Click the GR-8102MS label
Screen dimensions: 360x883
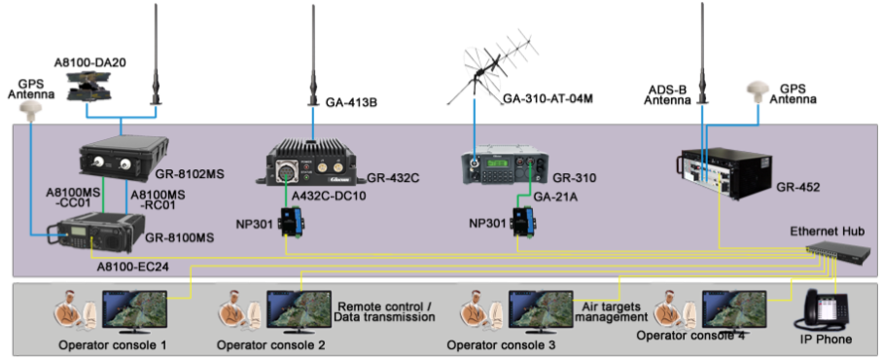click(x=191, y=173)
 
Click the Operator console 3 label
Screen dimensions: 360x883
click(x=500, y=345)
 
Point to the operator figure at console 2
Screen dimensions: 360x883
click(x=236, y=309)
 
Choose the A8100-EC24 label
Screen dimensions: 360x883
click(x=132, y=265)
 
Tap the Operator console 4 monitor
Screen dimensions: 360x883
click(x=732, y=309)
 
